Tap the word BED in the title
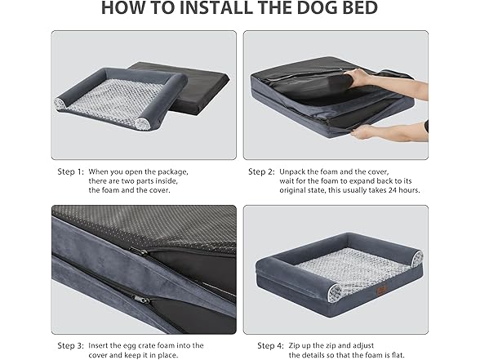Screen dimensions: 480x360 pos(358,8)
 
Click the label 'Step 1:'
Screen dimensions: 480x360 pos(70,172)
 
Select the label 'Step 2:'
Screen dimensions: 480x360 pos(261,172)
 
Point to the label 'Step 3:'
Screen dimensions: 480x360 pos(70,346)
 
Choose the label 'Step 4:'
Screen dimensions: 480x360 pos(270,346)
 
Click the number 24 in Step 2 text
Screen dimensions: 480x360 pos(393,190)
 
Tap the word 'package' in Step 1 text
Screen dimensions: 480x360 pos(172,172)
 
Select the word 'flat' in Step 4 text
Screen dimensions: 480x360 pos(398,355)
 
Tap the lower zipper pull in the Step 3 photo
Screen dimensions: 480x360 pos(139,297)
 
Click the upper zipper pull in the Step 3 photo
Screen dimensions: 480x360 pos(140,251)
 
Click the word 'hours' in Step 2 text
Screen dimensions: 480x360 pos(409,190)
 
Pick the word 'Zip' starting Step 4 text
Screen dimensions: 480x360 pos(294,346)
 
